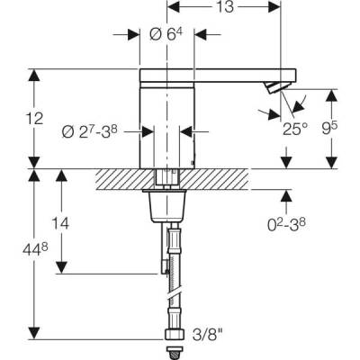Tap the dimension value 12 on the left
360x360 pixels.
click(33, 118)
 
